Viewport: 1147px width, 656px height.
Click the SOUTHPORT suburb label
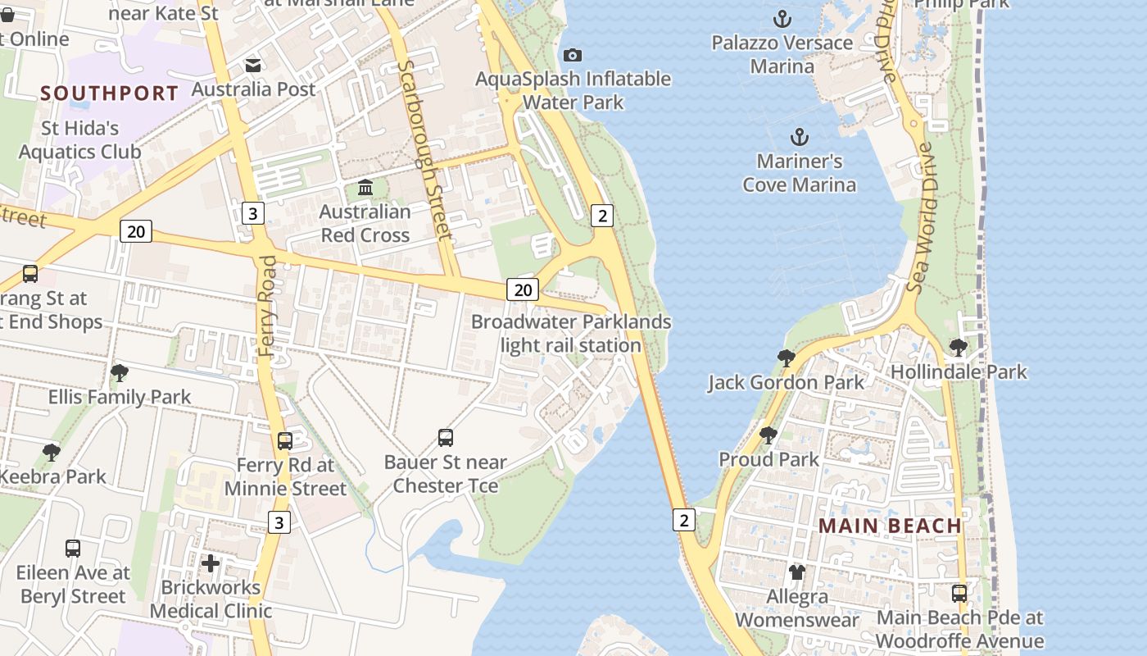[109, 93]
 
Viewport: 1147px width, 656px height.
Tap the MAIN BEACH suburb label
[890, 526]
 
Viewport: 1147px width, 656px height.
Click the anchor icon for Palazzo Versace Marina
[782, 18]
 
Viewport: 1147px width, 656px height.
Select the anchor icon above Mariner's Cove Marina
[800, 137]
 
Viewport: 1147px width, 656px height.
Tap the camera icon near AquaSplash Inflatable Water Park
[573, 55]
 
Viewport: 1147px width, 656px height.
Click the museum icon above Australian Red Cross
[365, 188]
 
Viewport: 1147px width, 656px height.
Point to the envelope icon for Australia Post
[253, 65]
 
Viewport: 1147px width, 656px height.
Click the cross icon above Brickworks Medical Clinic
[211, 563]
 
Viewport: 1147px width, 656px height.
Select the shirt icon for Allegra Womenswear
[796, 572]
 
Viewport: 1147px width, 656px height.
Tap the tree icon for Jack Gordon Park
[786, 358]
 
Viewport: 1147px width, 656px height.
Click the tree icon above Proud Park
[768, 435]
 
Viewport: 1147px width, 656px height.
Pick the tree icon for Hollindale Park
[958, 348]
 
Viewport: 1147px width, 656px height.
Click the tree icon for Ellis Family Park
[119, 373]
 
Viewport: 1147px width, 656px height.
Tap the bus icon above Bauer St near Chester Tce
[446, 438]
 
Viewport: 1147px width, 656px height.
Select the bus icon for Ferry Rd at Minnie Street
[285, 441]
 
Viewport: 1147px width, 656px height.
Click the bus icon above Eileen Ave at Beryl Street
[73, 548]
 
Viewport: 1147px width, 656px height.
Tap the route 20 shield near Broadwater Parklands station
[523, 289]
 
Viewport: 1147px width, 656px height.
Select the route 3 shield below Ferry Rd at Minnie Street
[279, 522]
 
